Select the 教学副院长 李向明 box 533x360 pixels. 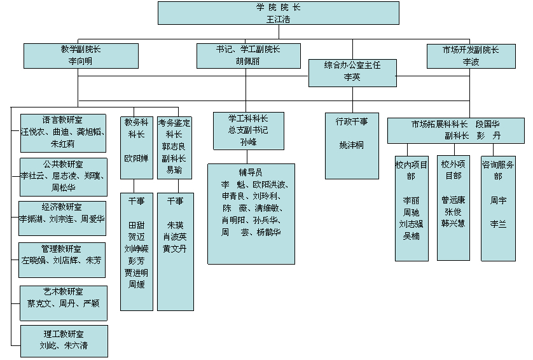pyautogui.click(x=81, y=55)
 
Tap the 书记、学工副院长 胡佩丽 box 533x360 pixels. pyautogui.click(x=248, y=55)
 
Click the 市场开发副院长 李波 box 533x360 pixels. pyautogui.click(x=470, y=55)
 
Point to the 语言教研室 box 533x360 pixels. pyautogui.click(x=63, y=132)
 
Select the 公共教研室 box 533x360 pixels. pyautogui.click(x=63, y=177)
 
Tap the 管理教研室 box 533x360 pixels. pyautogui.click(x=63, y=255)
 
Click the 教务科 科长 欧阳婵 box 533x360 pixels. pyautogui.click(x=136, y=146)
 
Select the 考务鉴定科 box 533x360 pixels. pyautogui.click(x=174, y=146)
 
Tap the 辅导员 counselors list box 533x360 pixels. pyautogui.click(x=251, y=213)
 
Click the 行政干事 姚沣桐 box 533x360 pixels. pyautogui.click(x=351, y=145)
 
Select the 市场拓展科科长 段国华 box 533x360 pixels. pyautogui.click(x=456, y=130)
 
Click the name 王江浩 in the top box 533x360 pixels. pyautogui.click(x=279, y=19)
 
